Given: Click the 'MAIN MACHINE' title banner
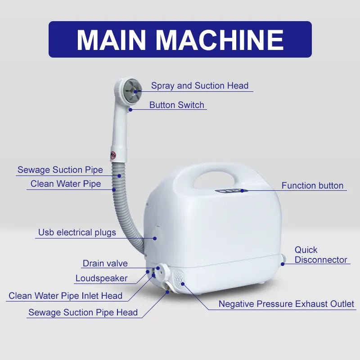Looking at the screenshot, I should tap(180, 40).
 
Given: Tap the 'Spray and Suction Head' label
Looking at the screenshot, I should tap(199, 85).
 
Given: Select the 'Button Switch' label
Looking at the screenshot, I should tap(177, 105).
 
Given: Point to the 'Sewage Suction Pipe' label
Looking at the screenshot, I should tap(60, 170).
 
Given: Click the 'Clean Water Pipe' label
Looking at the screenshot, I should tap(66, 184).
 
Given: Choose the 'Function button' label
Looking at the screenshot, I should tap(312, 185).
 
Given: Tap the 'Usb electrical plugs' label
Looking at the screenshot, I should tap(77, 233).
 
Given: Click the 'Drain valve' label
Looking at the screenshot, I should tap(105, 263).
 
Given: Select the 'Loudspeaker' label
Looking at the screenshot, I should tap(101, 278).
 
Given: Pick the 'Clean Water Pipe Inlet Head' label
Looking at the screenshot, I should tap(65, 296).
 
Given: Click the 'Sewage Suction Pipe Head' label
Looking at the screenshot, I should tap(83, 312).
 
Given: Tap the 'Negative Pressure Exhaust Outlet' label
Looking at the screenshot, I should tap(286, 304).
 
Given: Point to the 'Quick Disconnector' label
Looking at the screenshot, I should tap(320, 255).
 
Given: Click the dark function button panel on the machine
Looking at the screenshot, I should tap(229, 191).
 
